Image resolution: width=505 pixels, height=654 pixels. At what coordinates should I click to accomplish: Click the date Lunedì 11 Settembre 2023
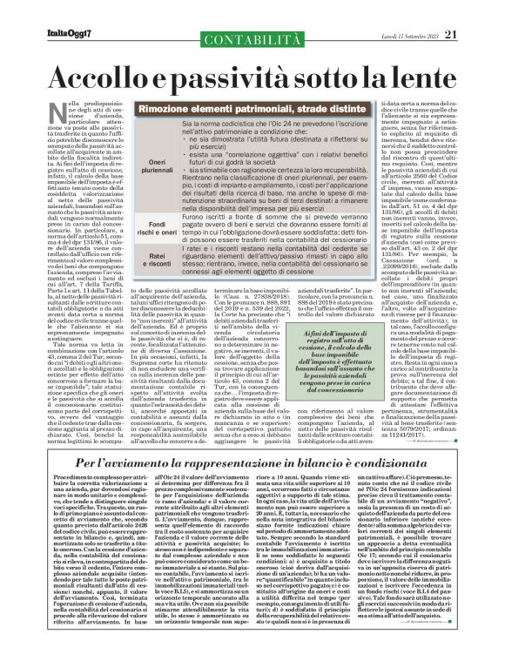pos(423,10)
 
